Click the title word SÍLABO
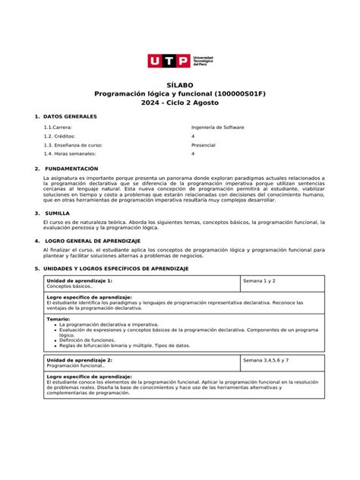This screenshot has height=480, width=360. tap(179, 85)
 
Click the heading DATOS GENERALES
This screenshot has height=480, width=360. tap(70, 116)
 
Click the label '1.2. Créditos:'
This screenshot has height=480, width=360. tap(59, 136)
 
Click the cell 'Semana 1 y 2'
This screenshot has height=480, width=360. tap(260, 281)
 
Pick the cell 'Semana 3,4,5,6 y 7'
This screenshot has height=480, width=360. tap(266, 358)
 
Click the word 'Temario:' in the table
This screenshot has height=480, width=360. tap(58, 319)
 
